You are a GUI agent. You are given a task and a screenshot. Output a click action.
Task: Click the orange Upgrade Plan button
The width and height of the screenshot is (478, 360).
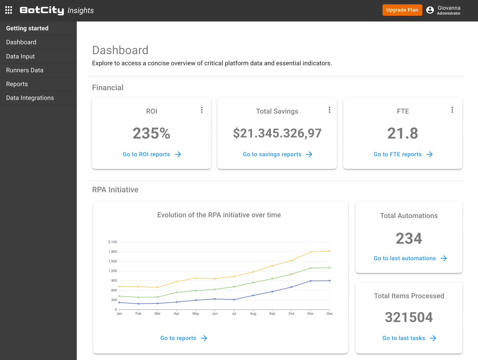click(402, 10)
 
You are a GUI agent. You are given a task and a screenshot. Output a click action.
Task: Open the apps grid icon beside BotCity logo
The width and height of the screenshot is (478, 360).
click(8, 10)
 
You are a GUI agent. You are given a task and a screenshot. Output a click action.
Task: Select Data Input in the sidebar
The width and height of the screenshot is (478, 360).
click(20, 56)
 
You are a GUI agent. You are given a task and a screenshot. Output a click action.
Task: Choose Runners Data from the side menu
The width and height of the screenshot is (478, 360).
click(25, 70)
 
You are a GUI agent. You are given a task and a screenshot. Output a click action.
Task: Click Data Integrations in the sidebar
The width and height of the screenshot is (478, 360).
click(30, 98)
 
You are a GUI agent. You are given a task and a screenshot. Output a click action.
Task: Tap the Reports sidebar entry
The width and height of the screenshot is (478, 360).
click(17, 84)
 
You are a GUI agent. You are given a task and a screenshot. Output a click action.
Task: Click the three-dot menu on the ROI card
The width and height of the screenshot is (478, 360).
click(202, 110)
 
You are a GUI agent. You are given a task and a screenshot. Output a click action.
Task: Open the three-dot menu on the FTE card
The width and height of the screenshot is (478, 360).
click(452, 110)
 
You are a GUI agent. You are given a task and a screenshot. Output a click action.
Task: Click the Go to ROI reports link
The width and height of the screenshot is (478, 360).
click(152, 154)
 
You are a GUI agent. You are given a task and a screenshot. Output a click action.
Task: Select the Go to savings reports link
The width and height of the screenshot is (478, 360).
click(277, 154)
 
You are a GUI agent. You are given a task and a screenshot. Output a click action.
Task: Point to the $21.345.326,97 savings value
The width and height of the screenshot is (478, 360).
click(277, 133)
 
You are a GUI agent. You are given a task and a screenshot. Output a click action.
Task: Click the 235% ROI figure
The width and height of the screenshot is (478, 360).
click(152, 133)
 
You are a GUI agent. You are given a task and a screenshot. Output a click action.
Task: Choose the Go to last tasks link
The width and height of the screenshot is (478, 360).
click(409, 338)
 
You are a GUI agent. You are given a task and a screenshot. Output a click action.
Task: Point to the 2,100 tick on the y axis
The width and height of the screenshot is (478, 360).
click(112, 242)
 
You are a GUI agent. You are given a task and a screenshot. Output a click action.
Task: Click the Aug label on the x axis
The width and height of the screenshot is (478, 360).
click(253, 314)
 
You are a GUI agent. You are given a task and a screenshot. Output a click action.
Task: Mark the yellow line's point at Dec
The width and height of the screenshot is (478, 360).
click(330, 251)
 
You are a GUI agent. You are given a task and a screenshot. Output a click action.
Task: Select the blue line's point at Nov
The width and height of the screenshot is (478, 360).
click(310, 281)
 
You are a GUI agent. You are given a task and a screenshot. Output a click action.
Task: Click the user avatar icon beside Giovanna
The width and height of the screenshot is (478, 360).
click(430, 10)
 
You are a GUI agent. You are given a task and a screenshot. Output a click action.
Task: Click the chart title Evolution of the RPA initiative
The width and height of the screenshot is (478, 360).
click(219, 215)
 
